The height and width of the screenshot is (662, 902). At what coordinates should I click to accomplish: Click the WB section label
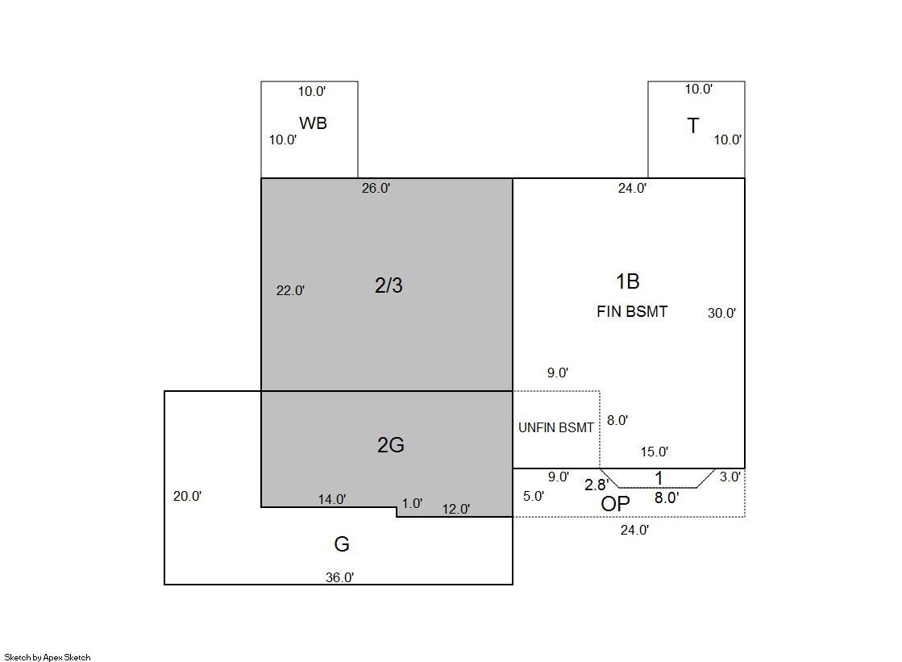click(x=313, y=123)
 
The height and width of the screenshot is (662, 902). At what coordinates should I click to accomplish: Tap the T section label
click(x=693, y=126)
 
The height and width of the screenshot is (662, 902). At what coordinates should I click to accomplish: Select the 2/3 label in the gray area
click(x=389, y=285)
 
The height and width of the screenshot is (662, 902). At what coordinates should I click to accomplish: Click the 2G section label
click(x=391, y=444)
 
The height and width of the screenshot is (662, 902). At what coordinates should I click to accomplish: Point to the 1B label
click(x=628, y=281)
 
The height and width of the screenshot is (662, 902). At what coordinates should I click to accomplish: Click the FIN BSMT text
click(x=632, y=311)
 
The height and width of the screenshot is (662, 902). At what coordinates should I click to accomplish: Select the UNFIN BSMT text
click(x=555, y=427)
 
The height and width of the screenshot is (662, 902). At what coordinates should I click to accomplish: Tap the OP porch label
click(x=615, y=504)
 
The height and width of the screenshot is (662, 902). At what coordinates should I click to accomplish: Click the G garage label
click(x=342, y=544)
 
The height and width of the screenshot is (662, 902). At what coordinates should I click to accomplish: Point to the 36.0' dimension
click(x=340, y=577)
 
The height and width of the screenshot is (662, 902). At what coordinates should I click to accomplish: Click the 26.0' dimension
click(x=376, y=188)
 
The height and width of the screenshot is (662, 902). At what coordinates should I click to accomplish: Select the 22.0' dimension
click(x=290, y=291)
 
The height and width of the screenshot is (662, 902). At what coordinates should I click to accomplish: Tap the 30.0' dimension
click(x=722, y=313)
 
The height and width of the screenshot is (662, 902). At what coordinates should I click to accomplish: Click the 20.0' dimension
click(x=188, y=496)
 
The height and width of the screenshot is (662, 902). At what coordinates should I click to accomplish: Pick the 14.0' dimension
click(x=332, y=500)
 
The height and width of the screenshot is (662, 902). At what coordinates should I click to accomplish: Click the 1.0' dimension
click(x=412, y=504)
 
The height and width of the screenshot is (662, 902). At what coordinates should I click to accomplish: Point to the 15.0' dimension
click(x=655, y=452)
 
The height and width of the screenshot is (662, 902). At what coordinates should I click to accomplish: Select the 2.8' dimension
click(x=596, y=485)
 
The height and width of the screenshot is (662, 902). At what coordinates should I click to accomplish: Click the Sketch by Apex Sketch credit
click(x=48, y=657)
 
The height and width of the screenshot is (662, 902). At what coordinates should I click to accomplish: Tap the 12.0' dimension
click(x=456, y=509)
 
